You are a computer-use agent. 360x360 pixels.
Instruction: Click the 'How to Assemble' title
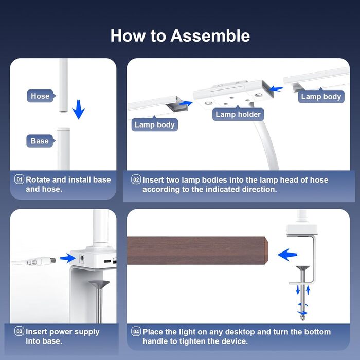click(x=180, y=35)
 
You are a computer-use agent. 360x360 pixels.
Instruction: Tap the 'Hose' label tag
click(x=41, y=96)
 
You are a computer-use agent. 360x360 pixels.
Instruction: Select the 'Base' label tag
click(x=41, y=141)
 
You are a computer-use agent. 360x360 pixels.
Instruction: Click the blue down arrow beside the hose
click(x=79, y=109)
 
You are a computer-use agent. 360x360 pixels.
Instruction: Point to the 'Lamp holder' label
click(x=238, y=114)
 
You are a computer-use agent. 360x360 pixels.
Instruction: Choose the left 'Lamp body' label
click(x=154, y=124)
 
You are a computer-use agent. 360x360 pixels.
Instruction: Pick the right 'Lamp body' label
click(x=321, y=96)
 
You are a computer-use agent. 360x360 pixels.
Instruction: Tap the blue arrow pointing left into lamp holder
click(x=276, y=88)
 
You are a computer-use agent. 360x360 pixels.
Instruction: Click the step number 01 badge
click(x=19, y=179)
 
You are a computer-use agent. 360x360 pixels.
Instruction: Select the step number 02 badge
click(x=136, y=179)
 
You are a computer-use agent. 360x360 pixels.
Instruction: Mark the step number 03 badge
click(x=19, y=331)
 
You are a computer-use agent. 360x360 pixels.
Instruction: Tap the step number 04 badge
click(x=136, y=331)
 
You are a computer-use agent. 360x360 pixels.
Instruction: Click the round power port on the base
click(x=81, y=259)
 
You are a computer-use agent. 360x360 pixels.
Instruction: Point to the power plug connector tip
click(x=53, y=261)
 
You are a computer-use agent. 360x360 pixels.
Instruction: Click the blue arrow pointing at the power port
click(x=67, y=258)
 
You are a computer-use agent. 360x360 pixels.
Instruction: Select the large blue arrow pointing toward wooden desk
click(x=287, y=255)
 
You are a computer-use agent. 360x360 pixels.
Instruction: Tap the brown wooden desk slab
click(x=197, y=250)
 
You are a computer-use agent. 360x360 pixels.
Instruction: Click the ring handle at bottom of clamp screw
click(x=303, y=318)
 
